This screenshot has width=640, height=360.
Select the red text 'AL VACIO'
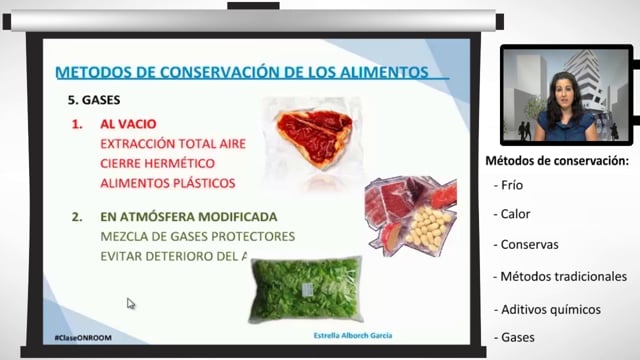click(128, 125)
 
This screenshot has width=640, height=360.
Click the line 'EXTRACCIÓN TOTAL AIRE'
click(173, 144)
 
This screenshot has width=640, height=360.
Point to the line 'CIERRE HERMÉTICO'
click(159, 163)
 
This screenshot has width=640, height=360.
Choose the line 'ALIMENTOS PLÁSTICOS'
click(167, 183)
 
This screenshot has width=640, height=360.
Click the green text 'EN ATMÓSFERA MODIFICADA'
click(188, 217)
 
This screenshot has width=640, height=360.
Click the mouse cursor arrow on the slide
click(130, 303)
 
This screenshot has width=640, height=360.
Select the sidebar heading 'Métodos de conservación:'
click(556, 161)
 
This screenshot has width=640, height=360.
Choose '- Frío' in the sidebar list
click(508, 185)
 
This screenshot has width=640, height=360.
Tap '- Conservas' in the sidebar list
click(524, 245)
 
